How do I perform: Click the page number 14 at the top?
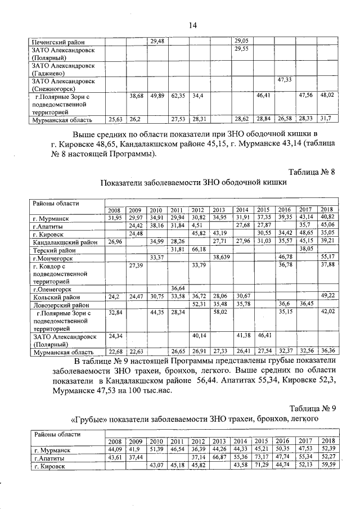tap(193, 24)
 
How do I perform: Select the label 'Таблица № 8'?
tap(312, 172)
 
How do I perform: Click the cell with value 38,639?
tap(220, 256)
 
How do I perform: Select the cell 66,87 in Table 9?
tap(220, 458)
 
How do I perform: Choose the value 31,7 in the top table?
tap(326, 119)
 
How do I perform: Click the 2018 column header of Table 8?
tap(327, 210)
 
